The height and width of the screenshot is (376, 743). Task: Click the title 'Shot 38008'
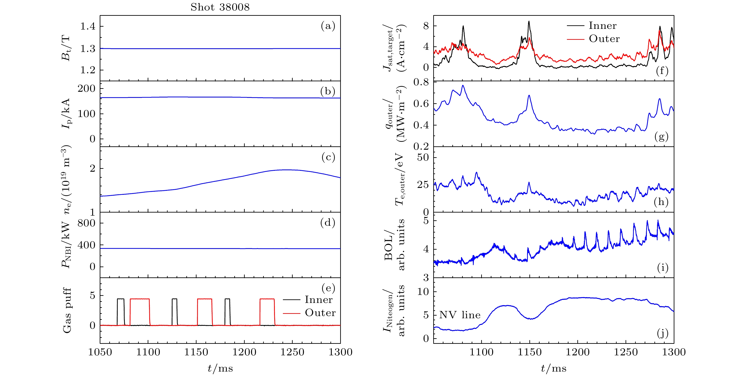(220, 7)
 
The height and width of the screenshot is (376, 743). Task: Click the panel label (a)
(328, 26)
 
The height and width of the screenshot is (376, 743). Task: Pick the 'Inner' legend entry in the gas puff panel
(318, 300)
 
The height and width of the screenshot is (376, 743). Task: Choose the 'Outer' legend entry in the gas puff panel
(320, 313)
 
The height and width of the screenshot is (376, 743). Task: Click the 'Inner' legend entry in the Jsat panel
(602, 26)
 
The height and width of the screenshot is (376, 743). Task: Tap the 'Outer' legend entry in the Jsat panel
(604, 39)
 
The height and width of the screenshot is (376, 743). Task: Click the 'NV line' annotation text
(460, 315)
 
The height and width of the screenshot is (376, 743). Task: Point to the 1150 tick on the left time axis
(196, 352)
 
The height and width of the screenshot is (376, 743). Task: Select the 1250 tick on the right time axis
(626, 352)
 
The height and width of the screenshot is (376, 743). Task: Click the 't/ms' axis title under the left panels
(220, 368)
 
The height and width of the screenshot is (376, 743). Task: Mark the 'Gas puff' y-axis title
(67, 310)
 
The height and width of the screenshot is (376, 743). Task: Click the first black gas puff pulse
(121, 299)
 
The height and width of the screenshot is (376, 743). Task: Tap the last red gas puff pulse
(267, 299)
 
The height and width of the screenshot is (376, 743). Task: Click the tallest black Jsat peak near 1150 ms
(529, 21)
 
